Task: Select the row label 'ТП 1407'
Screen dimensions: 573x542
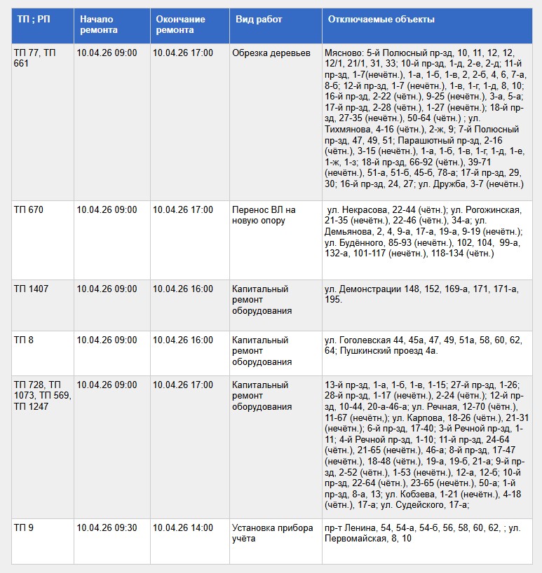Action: pos(32,289)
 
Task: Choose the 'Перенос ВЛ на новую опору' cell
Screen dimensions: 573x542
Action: pos(264,215)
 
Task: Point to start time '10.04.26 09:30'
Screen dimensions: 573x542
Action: pos(107,528)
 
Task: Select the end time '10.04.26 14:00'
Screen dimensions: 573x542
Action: pos(182,528)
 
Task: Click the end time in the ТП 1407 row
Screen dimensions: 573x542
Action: pos(182,289)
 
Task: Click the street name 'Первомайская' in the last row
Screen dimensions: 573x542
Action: pos(358,539)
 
